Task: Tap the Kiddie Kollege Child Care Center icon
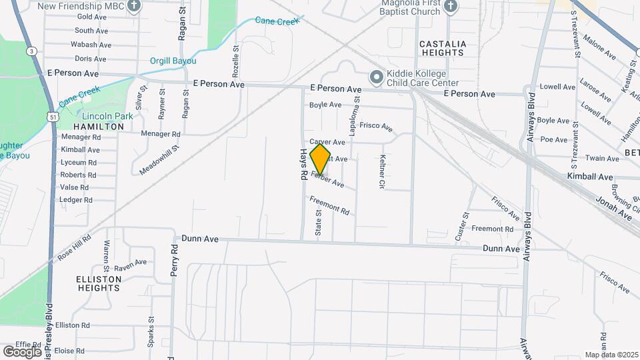(376, 79)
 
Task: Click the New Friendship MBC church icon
(135, 7)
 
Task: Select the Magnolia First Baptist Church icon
(451, 7)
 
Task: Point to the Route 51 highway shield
(53, 117)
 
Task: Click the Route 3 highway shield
(31, 51)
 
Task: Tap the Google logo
(22, 351)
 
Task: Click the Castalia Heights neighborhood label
(442, 48)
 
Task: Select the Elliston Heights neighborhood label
(98, 283)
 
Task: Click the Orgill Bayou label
(173, 61)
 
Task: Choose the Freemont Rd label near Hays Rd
(329, 205)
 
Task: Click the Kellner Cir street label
(383, 171)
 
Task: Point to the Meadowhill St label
(160, 161)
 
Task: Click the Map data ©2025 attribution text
(611, 355)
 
